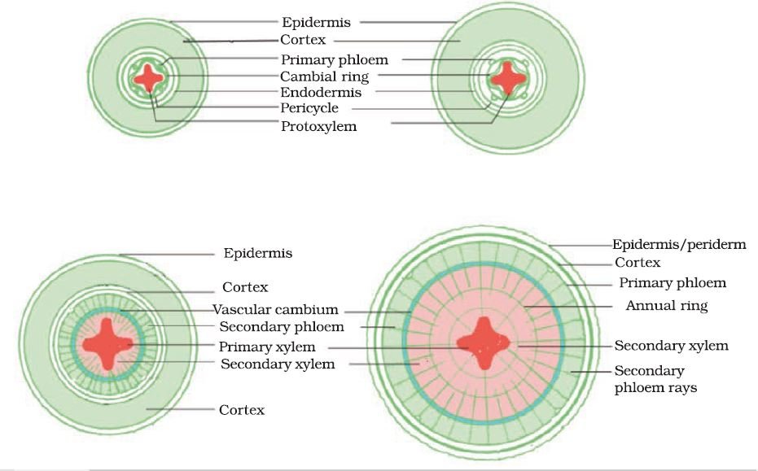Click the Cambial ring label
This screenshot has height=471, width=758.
coord(324,76)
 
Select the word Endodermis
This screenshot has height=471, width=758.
coord(321,92)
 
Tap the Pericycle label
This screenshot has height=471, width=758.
coord(309,108)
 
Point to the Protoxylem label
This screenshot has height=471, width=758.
coord(319,126)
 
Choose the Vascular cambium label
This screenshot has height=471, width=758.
coord(275,309)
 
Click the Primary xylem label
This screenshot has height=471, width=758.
coord(267,347)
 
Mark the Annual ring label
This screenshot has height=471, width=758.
coord(667,305)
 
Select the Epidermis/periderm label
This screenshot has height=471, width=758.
coord(679,244)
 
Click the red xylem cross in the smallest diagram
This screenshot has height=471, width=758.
coord(149,78)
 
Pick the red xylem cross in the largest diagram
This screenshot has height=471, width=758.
coord(484,343)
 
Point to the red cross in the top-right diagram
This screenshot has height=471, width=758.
coord(507,77)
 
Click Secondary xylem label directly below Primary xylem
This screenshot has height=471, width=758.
coord(278,364)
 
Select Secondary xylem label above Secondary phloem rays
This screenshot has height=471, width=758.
coord(672,346)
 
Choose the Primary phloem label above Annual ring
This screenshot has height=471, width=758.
coord(673,282)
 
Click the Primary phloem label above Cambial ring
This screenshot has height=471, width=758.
coord(335,59)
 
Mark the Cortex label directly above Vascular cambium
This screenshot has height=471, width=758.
coord(245,287)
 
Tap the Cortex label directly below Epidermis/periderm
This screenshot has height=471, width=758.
coord(638,262)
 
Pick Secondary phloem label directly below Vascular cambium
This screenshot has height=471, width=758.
coord(282,327)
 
